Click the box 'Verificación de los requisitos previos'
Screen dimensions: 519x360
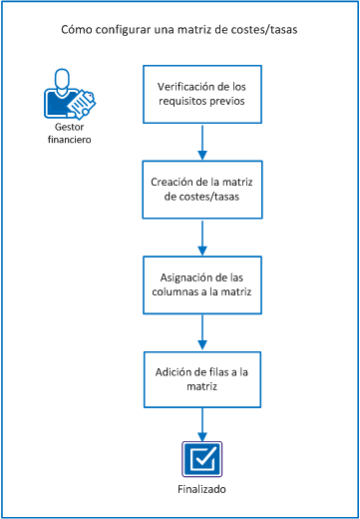(203, 95)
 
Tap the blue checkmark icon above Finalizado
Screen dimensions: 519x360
(203, 460)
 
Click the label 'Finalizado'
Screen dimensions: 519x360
(203, 490)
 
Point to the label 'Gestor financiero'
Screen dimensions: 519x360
(68, 135)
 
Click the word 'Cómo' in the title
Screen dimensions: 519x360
(77, 30)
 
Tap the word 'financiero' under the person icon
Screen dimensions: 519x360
(68, 142)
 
